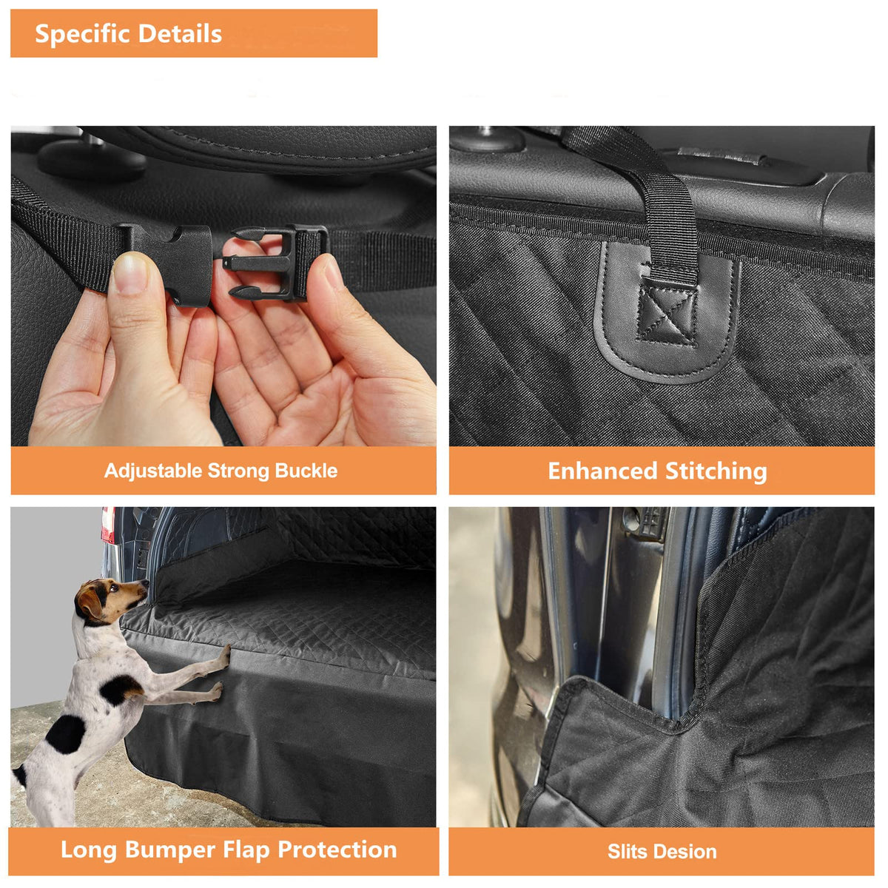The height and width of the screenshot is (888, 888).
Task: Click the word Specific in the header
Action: click(81, 35)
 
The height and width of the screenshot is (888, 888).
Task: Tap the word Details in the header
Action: click(180, 33)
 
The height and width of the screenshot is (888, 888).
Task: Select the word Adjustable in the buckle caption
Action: click(153, 471)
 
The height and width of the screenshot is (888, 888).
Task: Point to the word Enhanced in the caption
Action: click(602, 471)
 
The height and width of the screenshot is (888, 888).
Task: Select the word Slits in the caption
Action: click(628, 852)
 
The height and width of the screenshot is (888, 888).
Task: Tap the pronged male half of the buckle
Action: click(275, 263)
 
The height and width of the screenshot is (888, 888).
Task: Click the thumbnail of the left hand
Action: click(130, 274)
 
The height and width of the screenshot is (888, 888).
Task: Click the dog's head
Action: click(113, 602)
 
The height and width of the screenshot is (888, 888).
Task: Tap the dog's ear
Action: click(91, 602)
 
